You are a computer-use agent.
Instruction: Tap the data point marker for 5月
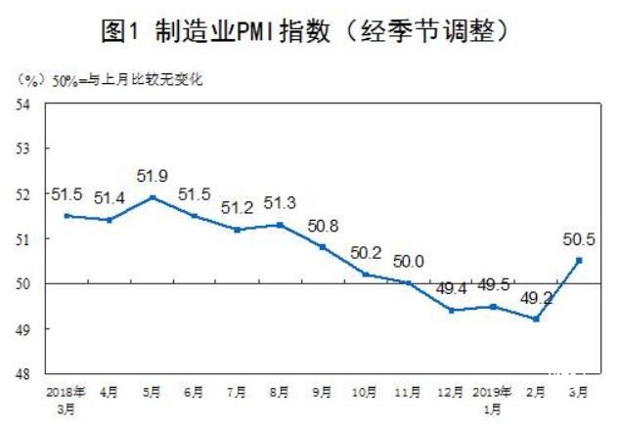click(x=152, y=197)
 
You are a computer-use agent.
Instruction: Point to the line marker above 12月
click(x=451, y=311)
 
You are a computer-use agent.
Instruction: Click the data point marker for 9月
click(x=323, y=247)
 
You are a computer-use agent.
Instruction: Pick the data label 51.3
click(x=280, y=203)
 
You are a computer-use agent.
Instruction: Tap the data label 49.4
click(x=451, y=288)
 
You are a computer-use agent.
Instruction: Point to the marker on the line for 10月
click(x=365, y=275)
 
